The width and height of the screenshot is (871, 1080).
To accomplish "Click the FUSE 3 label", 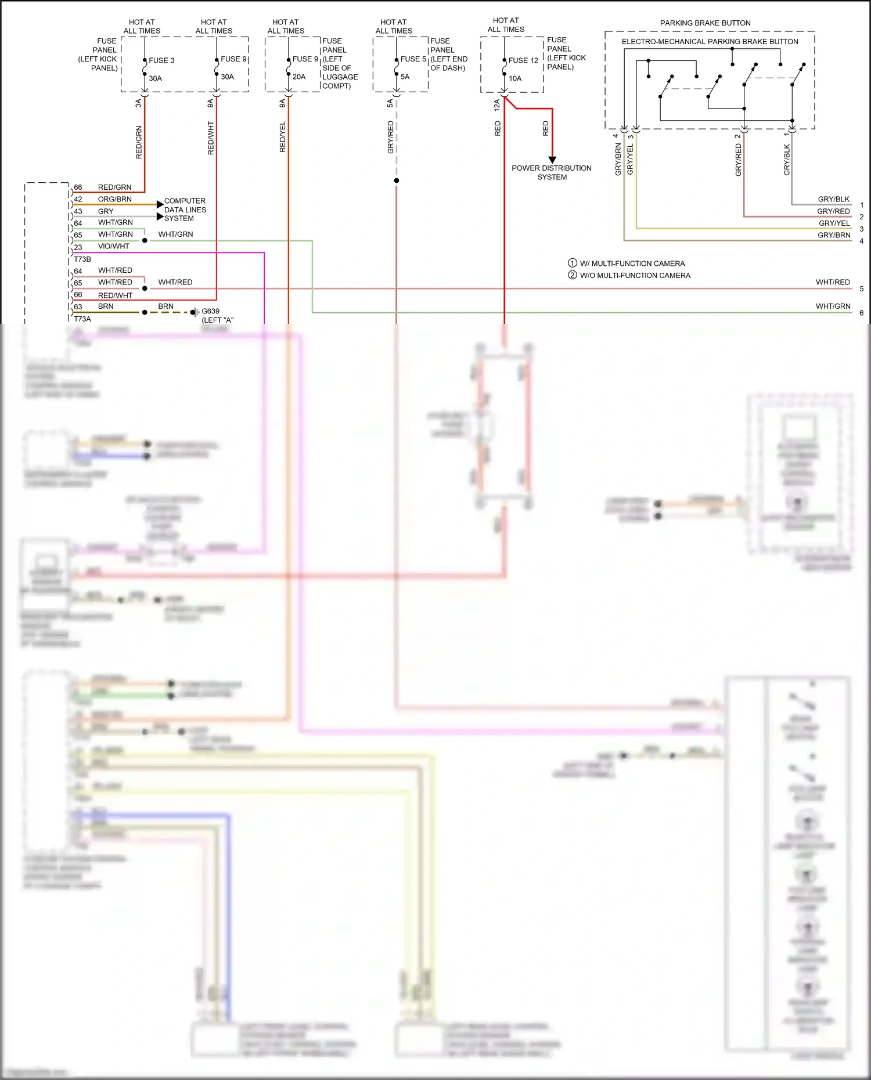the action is (x=161, y=60).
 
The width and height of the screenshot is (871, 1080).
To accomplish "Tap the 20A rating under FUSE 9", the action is (x=299, y=77).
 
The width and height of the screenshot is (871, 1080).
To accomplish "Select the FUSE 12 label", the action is (x=523, y=60).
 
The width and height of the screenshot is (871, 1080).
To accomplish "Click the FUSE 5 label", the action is (x=413, y=59).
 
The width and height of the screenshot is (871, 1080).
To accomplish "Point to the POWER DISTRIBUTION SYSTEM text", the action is (x=552, y=172).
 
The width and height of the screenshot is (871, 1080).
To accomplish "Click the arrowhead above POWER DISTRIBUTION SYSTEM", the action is (x=552, y=160).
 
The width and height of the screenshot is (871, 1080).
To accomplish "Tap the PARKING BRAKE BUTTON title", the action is (x=705, y=23).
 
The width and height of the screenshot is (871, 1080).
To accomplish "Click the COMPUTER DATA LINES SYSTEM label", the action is (x=185, y=210).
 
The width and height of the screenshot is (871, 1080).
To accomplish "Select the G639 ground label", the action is (x=210, y=311).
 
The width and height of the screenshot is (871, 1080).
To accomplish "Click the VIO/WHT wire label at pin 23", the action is (x=113, y=246).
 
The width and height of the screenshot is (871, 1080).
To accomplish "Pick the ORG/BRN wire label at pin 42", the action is (x=114, y=199).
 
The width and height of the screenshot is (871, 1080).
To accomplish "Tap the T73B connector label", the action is (x=82, y=259).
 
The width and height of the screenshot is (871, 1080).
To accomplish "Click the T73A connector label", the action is (x=82, y=319).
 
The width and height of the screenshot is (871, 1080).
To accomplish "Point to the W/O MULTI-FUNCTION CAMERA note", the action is (x=635, y=276).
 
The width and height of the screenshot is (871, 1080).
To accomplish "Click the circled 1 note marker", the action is (x=573, y=263).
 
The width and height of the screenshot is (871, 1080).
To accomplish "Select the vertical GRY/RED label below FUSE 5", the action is (x=391, y=137).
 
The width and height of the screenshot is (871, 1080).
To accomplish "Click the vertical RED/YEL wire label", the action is (x=283, y=137).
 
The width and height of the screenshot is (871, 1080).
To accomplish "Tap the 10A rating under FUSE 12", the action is (x=515, y=78).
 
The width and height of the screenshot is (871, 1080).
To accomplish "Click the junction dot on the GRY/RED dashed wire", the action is (x=397, y=180).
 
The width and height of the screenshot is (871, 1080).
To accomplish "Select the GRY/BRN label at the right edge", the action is (x=834, y=235).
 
